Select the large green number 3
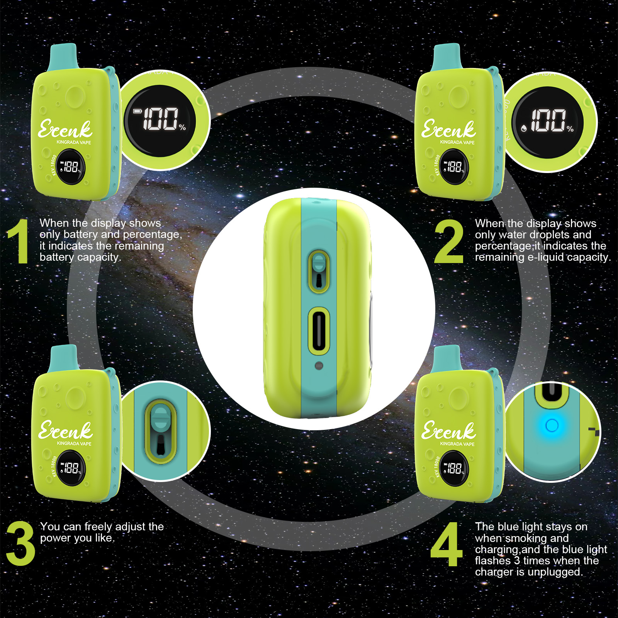click(20, 543)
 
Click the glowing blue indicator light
click(552, 425)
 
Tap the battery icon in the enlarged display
click(138, 111)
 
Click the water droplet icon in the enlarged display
click(524, 128)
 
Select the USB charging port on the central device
click(319, 331)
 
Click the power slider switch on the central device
click(319, 271)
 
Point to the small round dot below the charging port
click(319, 365)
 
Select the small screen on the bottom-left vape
click(71, 468)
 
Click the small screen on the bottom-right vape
click(455, 468)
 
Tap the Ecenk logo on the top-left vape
click(65, 129)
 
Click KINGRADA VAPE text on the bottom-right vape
click(457, 444)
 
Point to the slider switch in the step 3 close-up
click(160, 431)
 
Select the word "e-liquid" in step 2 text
click(545, 257)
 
